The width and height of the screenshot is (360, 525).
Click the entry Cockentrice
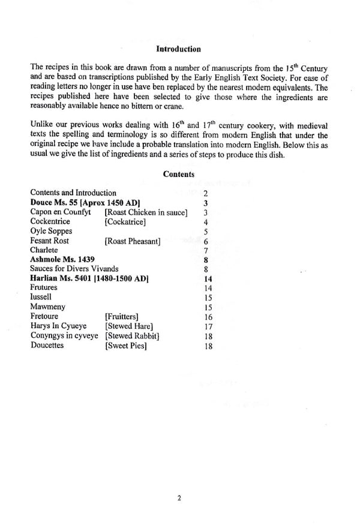click(x=52, y=221)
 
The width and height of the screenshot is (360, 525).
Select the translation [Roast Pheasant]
click(x=131, y=241)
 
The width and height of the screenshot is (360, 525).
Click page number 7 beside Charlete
click(x=206, y=250)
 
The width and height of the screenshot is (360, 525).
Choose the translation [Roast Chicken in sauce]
click(x=147, y=212)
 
